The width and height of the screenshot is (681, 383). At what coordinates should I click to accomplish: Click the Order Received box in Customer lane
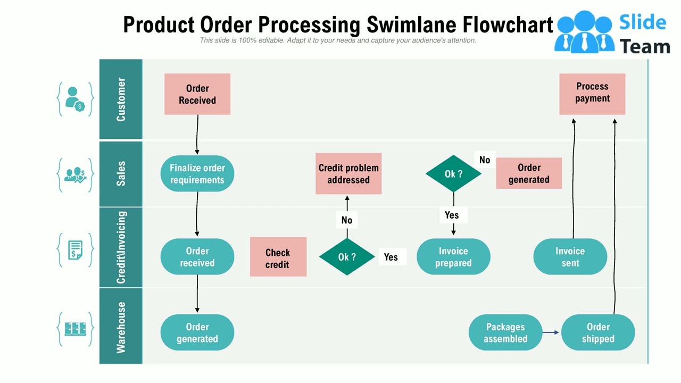(197, 94)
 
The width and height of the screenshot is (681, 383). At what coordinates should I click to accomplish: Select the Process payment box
(592, 94)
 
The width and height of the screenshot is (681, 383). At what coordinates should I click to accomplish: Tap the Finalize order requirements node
(197, 174)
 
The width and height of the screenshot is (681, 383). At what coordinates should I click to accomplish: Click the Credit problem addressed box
(348, 174)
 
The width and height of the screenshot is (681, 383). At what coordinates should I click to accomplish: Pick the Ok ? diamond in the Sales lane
(453, 174)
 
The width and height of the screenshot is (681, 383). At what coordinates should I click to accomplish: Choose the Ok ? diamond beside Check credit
(347, 257)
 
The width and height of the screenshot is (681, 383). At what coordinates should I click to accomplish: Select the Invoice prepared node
(453, 257)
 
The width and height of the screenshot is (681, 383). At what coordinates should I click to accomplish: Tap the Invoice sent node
(570, 257)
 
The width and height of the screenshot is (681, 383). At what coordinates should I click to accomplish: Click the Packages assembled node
(505, 333)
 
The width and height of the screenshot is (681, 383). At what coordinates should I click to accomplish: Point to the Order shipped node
(598, 333)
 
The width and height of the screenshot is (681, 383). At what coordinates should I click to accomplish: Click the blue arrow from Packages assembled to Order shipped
(551, 332)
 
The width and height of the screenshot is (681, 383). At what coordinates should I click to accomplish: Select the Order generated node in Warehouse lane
(197, 333)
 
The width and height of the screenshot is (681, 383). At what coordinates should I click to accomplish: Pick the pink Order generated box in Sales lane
(529, 173)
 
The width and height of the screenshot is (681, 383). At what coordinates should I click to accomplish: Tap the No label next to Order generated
(484, 160)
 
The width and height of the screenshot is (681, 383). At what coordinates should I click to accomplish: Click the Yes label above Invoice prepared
(452, 215)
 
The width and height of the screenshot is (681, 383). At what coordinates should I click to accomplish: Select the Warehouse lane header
(121, 327)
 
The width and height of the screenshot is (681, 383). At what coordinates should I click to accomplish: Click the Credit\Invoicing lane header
(121, 247)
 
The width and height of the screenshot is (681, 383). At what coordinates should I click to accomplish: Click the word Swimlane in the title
(410, 25)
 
